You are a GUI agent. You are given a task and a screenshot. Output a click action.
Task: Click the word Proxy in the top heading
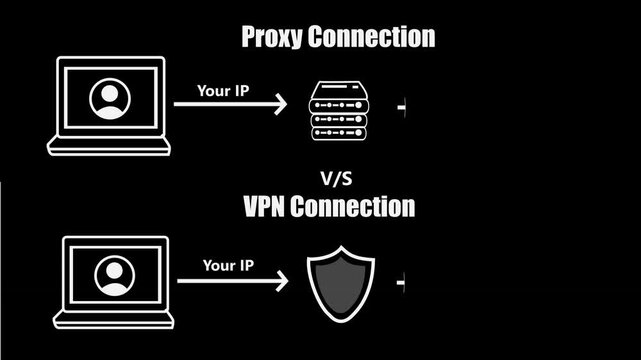coord(274,39)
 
